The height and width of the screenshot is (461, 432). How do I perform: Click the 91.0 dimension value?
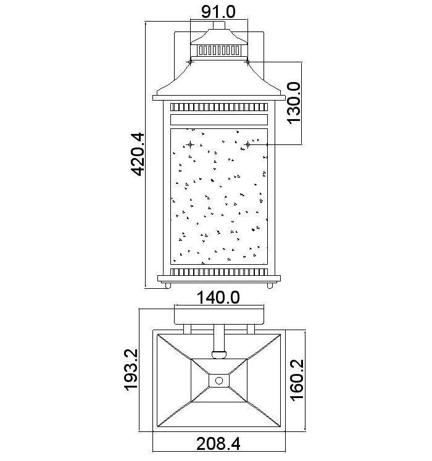coord(218,12)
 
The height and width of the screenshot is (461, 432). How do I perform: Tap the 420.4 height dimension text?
coord(138,154)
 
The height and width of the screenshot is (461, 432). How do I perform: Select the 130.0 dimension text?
coord(294,103)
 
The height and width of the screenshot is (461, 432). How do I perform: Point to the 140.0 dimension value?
coord(218,297)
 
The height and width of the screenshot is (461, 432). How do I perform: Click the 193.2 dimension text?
coord(131,370)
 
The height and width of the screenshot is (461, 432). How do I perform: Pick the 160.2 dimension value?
coord(297,380)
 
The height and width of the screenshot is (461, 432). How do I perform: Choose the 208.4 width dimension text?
coord(218,444)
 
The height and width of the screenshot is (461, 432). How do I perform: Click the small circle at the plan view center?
coord(219,381)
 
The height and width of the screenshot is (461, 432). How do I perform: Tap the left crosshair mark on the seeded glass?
coord(190,144)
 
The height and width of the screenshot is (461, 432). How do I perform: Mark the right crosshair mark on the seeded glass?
coord(247,144)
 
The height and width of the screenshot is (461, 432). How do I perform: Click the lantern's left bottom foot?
coord(168,286)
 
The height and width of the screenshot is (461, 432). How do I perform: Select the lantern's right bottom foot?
coord(270,286)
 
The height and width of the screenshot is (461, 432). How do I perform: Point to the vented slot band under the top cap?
coord(219,50)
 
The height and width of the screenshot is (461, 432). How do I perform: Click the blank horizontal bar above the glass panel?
coord(219,120)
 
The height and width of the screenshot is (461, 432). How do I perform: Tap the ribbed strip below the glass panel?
coord(219,272)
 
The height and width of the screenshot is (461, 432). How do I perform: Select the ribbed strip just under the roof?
coord(219,107)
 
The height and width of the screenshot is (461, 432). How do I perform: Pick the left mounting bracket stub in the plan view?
coord(188,330)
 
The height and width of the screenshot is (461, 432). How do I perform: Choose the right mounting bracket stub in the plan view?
coord(251,330)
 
